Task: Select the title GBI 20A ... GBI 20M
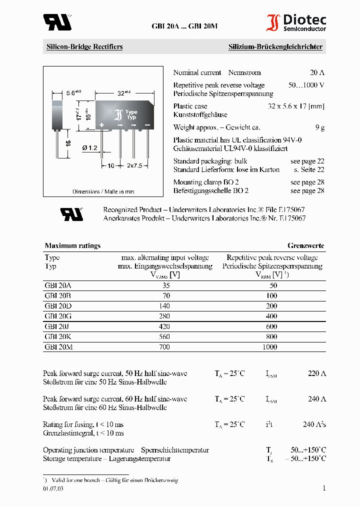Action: (184, 26)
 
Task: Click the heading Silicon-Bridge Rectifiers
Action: (84, 47)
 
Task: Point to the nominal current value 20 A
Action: (317, 72)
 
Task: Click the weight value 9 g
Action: (320, 127)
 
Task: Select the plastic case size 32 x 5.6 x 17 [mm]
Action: (296, 106)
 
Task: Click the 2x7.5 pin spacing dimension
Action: (134, 165)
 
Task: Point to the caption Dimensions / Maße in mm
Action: (103, 191)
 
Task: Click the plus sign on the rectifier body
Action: (101, 124)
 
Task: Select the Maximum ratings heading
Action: (72, 245)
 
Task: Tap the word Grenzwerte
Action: (305, 245)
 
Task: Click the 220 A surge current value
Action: (316, 373)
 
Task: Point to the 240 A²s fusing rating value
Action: (314, 424)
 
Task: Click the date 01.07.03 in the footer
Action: (53, 489)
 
